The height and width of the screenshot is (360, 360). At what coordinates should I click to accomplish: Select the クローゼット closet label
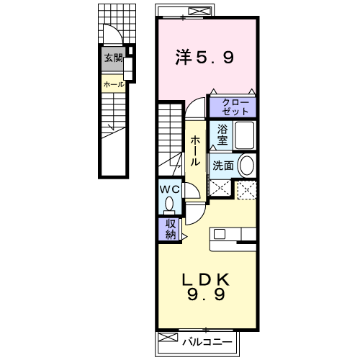(233, 107)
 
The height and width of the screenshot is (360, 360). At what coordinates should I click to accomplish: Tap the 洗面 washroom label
(222, 166)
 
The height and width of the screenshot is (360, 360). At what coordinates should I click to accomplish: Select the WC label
(169, 189)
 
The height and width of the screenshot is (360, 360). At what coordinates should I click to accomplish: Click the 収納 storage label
(170, 229)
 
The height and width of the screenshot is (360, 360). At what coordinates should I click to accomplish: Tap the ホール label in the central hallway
(194, 151)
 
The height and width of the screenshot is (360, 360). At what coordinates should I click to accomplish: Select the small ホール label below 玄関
(113, 84)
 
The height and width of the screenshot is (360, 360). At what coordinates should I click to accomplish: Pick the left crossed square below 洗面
(220, 189)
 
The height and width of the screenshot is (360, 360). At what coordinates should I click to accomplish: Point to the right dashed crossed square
(246, 189)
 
